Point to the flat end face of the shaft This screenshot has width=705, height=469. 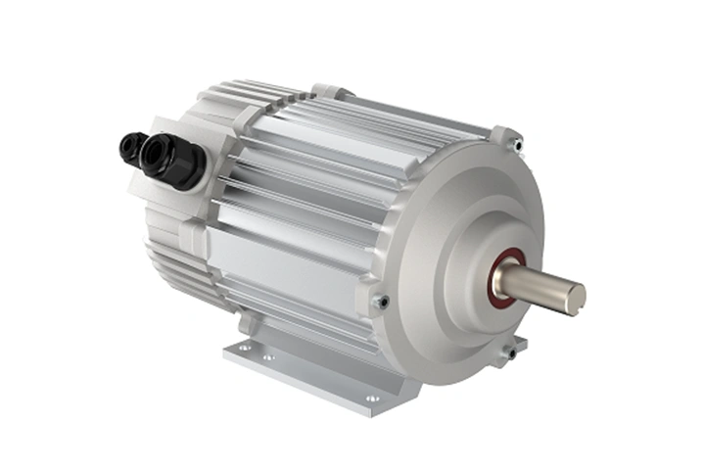tap(575, 298)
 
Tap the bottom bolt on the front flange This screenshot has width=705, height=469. tap(509, 352)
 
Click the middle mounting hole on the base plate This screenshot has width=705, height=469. tap(266, 357)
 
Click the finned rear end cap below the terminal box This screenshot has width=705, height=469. tap(176, 255)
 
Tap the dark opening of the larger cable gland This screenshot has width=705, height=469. tap(154, 155)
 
